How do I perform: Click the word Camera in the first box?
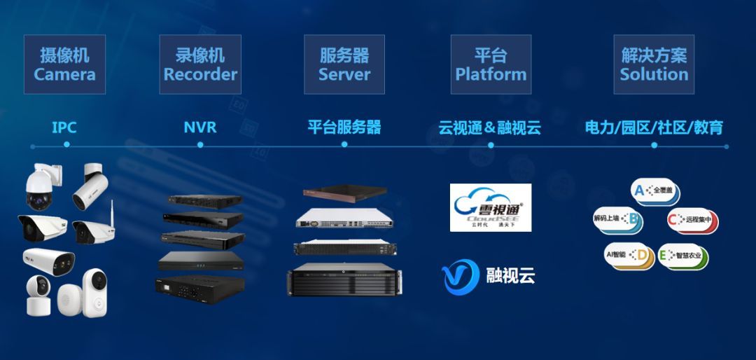pyautogui.click(x=64, y=74)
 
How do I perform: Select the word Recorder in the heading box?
pyautogui.click(x=200, y=74)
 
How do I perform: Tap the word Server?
pyautogui.click(x=344, y=74)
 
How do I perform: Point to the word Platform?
pyautogui.click(x=490, y=74)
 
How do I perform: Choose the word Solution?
pyautogui.click(x=654, y=74)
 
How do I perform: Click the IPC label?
pyautogui.click(x=64, y=127)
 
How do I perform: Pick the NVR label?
pyautogui.click(x=200, y=127)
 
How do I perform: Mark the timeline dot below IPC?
pyautogui.click(x=66, y=145)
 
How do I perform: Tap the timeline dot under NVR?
pyautogui.click(x=200, y=145)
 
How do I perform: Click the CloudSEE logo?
pyautogui.click(x=490, y=207)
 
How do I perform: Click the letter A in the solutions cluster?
pyautogui.click(x=638, y=189)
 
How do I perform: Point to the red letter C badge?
pyautogui.click(x=674, y=220)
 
